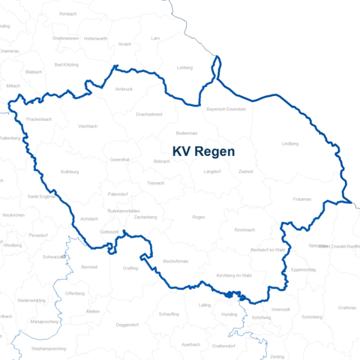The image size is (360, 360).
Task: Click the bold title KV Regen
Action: pyautogui.click(x=203, y=151)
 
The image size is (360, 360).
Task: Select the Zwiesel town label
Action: pyautogui.click(x=245, y=171)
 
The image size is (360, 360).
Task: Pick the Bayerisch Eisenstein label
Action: pyautogui.click(x=226, y=109)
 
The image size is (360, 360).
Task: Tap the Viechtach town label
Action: pyautogui.click(x=88, y=126)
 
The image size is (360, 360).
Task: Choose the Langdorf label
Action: pyautogui.click(x=212, y=171)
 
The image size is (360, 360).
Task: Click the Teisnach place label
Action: pyautogui.click(x=155, y=182)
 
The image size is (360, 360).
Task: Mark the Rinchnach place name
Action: pyautogui.click(x=244, y=229)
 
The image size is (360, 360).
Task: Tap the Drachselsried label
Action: pyautogui.click(x=148, y=114)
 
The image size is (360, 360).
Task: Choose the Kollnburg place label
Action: pyautogui.click(x=70, y=171)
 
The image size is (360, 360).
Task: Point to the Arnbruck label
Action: pyautogui.click(x=124, y=88)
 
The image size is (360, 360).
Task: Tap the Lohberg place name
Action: pyautogui.click(x=184, y=67)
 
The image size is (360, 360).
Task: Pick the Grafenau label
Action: pyautogui.click(x=346, y=307)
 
